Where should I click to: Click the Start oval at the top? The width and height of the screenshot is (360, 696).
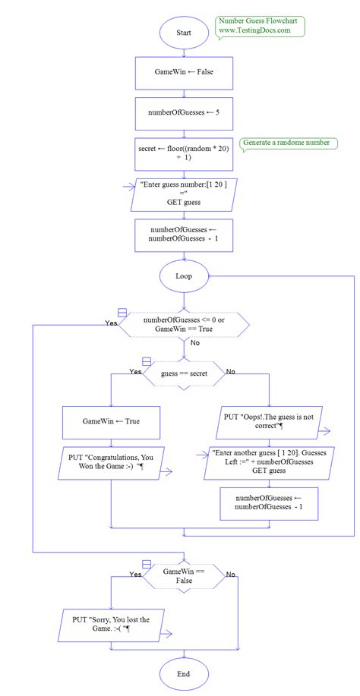184,33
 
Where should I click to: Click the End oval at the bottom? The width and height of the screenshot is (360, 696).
184,673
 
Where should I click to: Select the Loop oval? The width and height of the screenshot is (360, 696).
184,276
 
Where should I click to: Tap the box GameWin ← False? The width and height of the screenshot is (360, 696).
184,74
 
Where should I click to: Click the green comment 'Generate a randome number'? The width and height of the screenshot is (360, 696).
285,143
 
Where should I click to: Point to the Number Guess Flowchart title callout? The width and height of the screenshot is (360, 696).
259,27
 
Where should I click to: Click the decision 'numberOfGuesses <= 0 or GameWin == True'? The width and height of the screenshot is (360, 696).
184,325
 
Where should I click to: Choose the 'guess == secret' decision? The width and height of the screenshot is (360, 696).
184,373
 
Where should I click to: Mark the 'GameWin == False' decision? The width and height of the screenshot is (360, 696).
184,575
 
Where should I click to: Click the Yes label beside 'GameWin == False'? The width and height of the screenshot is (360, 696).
136,575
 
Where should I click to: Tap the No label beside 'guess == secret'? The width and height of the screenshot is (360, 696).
231,371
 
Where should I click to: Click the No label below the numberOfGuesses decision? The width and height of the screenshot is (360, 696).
195,343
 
